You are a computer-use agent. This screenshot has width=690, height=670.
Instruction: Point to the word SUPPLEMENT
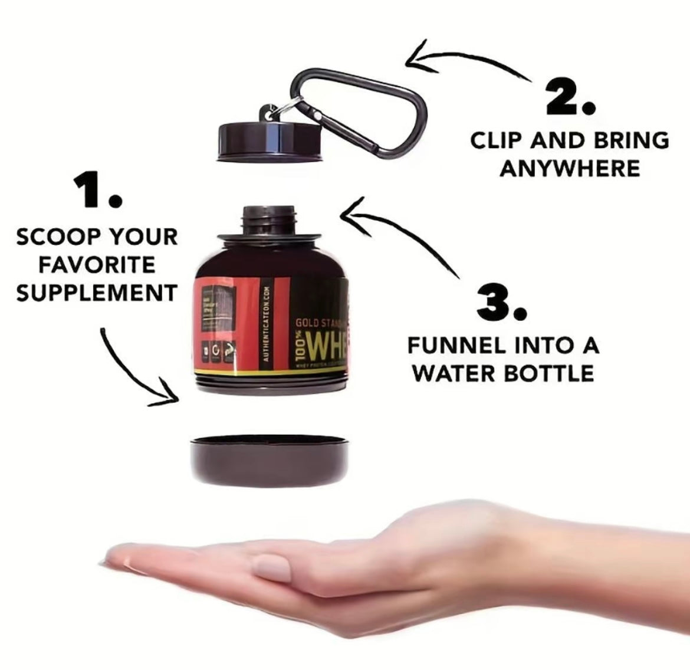pyautogui.click(x=97, y=293)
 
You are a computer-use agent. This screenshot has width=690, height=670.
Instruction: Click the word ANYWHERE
pyautogui.click(x=570, y=169)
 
